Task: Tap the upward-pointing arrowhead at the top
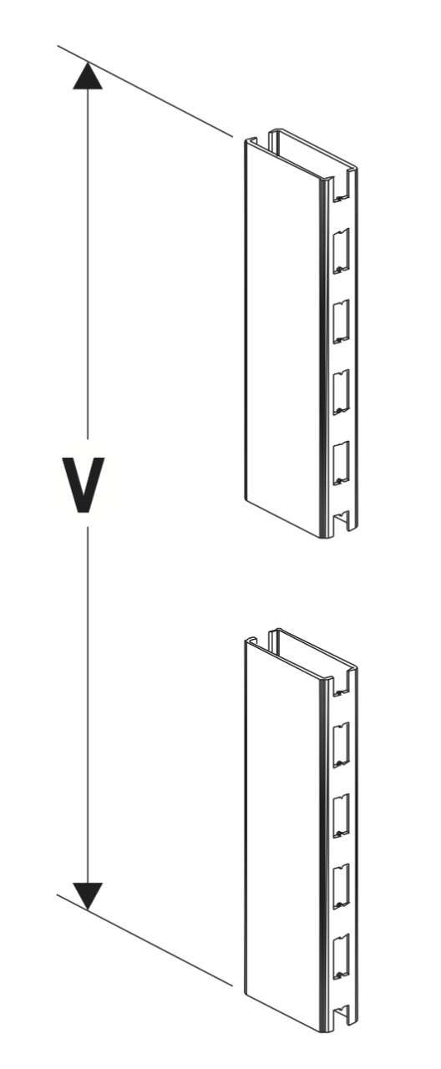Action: (88, 74)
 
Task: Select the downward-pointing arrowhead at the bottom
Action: (88, 896)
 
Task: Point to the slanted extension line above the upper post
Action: (145, 91)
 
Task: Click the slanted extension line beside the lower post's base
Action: (144, 940)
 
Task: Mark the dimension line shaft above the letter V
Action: (88, 264)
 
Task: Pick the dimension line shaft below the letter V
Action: (88, 705)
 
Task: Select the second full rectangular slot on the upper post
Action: (341, 322)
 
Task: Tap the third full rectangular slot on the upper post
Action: (341, 392)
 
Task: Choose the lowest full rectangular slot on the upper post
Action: (341, 463)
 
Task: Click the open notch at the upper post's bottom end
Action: (342, 521)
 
